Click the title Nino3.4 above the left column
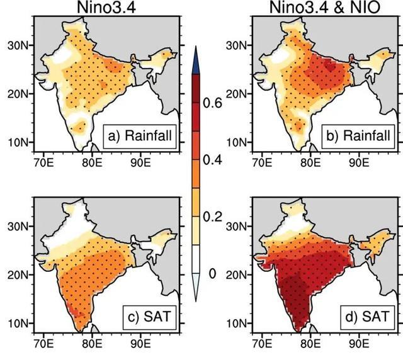106,8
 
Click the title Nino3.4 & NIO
325,8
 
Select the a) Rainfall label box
140,137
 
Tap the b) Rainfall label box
358,137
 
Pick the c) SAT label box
150,317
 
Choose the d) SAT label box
368,317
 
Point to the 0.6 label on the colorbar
212,103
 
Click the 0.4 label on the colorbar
212,160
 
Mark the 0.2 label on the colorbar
212,217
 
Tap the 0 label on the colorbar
212,274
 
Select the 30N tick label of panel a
18,46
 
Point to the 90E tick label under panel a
140,162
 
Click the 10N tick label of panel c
18,323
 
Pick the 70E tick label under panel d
262,344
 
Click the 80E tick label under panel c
92,344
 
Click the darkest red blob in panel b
330,66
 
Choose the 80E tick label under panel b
310,162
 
